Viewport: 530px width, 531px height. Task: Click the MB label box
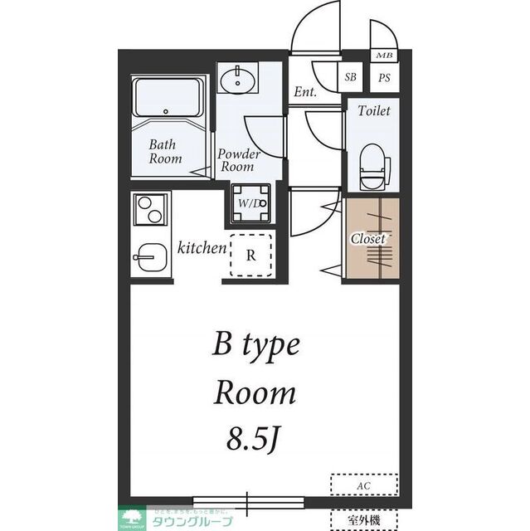384,56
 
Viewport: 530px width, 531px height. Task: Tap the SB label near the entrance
351,78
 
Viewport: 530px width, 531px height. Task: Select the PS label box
384,78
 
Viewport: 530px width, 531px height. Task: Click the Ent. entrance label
304,92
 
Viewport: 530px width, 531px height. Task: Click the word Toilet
372,110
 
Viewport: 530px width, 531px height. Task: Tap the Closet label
368,238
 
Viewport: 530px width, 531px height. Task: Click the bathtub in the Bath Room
169,100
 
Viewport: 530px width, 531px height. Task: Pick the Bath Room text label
165,151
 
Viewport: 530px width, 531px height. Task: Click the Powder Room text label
238,160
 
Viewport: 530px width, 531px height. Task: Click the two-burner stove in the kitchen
150,209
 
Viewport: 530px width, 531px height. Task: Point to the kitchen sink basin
150,256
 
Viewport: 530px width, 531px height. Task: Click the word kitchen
202,247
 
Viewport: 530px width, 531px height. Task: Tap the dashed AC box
365,484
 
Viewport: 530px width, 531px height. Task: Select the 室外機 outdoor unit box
365,519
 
